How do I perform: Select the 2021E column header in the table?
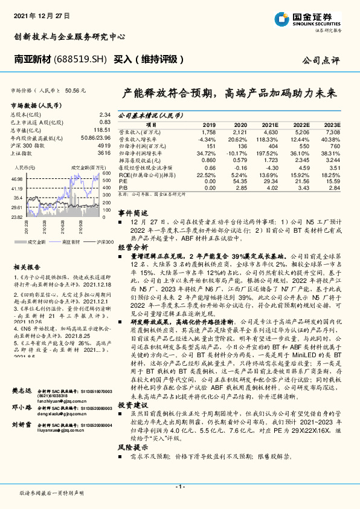point(270,125)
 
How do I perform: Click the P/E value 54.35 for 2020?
point(239,181)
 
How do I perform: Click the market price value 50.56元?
point(76,90)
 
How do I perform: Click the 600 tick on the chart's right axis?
point(106,173)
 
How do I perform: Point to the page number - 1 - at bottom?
point(179,485)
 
